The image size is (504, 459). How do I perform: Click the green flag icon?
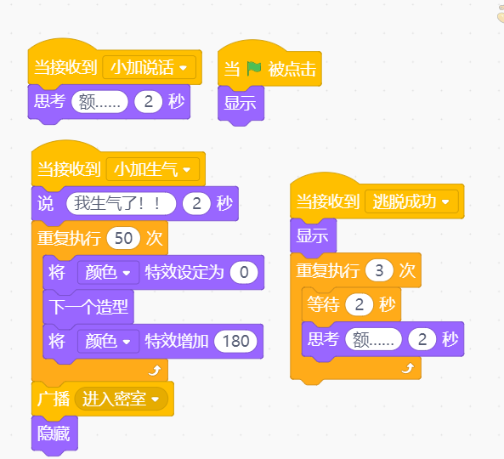point(253,69)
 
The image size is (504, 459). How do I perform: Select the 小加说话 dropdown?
point(149,67)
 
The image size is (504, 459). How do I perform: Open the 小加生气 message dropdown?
point(153,169)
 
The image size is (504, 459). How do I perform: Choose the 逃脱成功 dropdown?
point(411,201)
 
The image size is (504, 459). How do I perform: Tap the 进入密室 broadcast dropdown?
point(122,399)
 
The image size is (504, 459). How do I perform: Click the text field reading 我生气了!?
point(122,203)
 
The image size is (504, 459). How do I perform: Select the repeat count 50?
point(123,238)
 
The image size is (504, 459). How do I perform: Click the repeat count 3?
point(379,270)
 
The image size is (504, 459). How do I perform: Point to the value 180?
point(235,341)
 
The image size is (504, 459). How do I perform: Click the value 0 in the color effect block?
point(244,272)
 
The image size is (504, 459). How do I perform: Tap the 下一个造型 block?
point(88,307)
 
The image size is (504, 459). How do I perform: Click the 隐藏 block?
point(54,433)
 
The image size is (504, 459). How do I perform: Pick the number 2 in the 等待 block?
point(359,304)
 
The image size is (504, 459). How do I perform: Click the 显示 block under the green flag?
point(241,104)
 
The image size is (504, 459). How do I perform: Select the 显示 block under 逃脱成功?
point(313,235)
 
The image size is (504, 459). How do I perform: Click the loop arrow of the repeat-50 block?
point(155,371)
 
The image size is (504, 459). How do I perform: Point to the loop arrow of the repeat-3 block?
point(408,368)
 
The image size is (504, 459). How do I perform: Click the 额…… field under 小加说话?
point(99,102)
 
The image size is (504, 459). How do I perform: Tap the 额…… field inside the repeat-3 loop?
point(373,339)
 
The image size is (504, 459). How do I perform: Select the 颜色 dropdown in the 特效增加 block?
point(108,341)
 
